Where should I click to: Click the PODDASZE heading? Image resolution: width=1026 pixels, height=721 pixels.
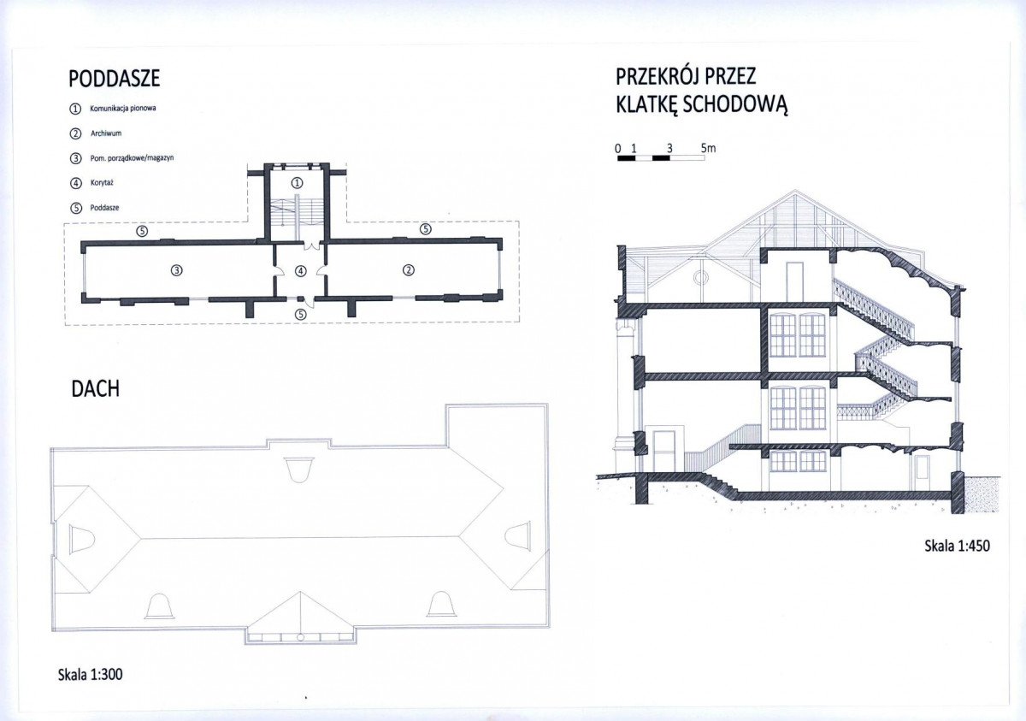click(x=114, y=79)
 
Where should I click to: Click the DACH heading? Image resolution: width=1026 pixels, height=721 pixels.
click(x=95, y=389)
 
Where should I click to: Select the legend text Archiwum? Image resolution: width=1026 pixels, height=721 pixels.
click(x=106, y=133)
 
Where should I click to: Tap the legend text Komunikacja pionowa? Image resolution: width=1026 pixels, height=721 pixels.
click(x=123, y=109)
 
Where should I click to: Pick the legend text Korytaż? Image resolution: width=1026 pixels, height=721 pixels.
click(x=102, y=183)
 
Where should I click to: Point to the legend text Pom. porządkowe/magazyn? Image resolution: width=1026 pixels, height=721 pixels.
click(x=132, y=158)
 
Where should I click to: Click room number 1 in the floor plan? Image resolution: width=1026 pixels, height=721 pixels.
click(x=298, y=183)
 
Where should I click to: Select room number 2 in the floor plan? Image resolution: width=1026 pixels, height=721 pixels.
click(x=409, y=270)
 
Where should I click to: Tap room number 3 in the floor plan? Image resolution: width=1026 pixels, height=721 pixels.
click(x=177, y=270)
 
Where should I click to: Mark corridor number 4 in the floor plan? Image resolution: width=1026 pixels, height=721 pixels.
click(x=300, y=271)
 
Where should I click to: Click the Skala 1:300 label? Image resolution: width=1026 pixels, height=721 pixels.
click(x=91, y=674)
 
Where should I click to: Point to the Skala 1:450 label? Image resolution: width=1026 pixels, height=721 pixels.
click(x=957, y=546)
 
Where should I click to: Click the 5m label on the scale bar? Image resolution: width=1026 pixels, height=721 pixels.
click(x=708, y=148)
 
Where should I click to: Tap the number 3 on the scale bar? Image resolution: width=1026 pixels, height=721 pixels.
click(x=669, y=149)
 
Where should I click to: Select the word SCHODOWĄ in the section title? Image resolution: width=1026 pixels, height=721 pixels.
click(x=734, y=103)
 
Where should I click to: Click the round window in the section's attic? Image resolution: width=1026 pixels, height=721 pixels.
click(x=701, y=278)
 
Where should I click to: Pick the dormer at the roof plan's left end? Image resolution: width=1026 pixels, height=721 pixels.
click(x=82, y=538)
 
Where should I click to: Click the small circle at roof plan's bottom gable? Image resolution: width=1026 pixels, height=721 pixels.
click(x=300, y=637)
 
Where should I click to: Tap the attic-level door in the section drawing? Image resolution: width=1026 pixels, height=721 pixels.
click(x=794, y=281)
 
